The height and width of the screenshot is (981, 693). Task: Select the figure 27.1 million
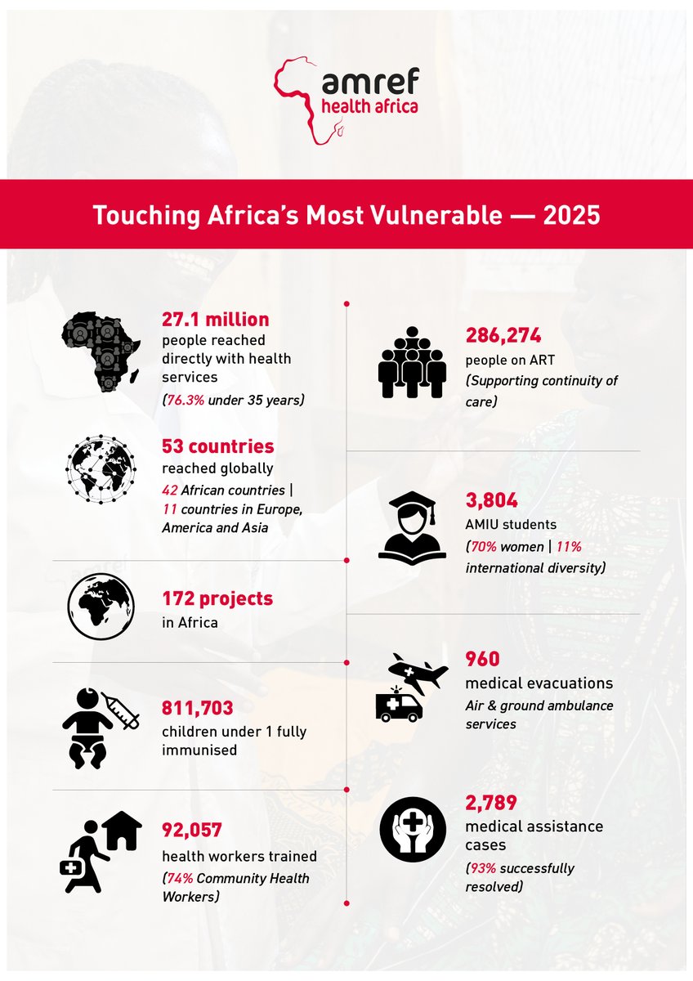coord(215,319)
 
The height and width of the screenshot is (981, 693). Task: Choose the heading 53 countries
coord(217,446)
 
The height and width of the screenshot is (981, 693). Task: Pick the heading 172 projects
coord(217,598)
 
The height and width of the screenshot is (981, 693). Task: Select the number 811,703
coord(198,708)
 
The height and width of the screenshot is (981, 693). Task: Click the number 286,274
coord(503,335)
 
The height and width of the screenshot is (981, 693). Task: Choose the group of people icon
coord(412,362)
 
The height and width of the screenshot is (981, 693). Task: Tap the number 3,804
coord(491,499)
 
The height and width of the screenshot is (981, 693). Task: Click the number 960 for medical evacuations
coord(482,659)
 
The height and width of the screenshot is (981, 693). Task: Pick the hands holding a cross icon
coord(414,830)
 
